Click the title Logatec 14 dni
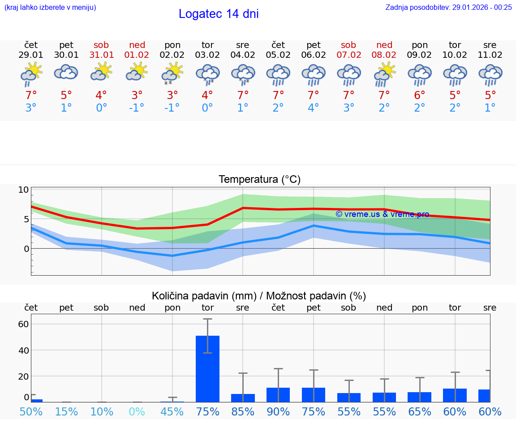[x=219, y=14]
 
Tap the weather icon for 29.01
[x=31, y=74]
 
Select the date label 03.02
[x=207, y=55]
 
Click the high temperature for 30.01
[x=66, y=95]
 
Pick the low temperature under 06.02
[x=313, y=108]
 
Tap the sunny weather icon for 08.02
[x=384, y=74]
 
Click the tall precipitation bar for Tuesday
[x=207, y=368]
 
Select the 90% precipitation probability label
[x=278, y=412]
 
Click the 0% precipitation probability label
[x=137, y=412]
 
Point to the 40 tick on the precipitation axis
[x=23, y=350]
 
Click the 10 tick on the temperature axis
[x=23, y=190]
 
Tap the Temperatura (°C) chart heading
[x=259, y=180]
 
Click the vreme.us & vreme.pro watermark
[x=382, y=214]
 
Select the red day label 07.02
[x=348, y=55]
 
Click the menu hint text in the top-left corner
[x=50, y=7]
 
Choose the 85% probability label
[x=243, y=412]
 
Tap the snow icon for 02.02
[x=172, y=74]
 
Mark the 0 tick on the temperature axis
[x=26, y=249]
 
